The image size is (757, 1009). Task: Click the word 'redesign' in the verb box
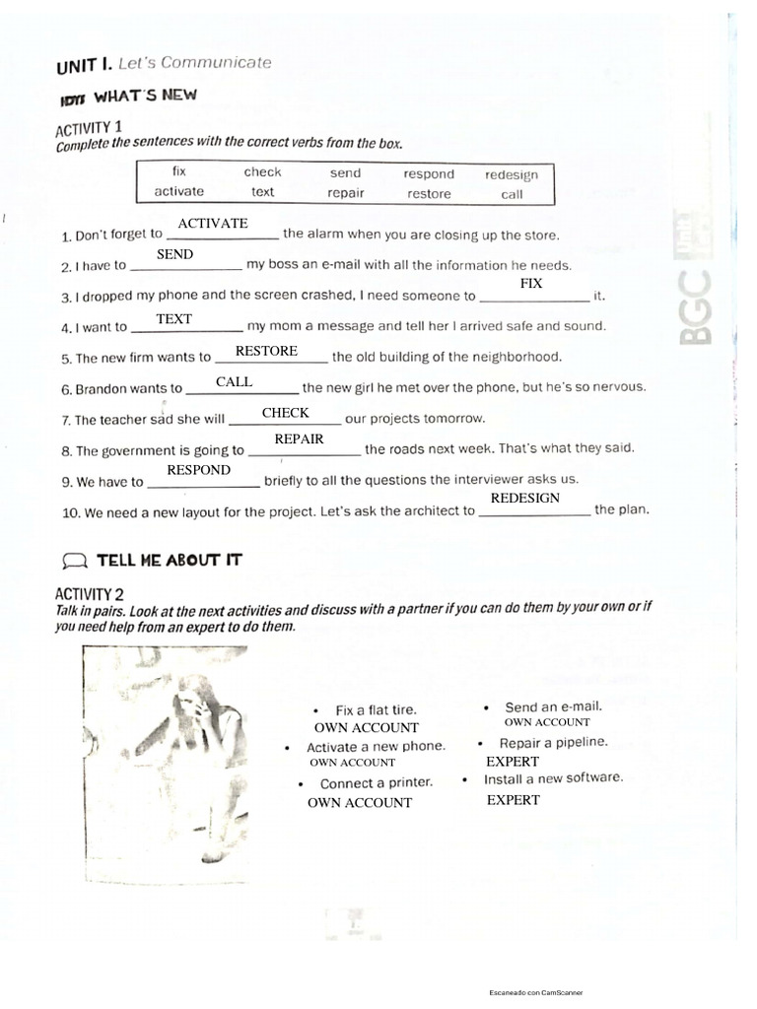pyautogui.click(x=511, y=174)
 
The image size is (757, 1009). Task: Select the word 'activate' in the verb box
pyautogui.click(x=178, y=191)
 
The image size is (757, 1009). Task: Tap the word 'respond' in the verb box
pyautogui.click(x=428, y=173)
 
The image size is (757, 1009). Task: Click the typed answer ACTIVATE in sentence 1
pyautogui.click(x=213, y=224)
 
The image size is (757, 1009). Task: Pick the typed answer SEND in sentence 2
pyautogui.click(x=175, y=254)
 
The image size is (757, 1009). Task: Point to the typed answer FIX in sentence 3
pyautogui.click(x=531, y=284)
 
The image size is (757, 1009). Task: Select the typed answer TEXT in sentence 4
pyautogui.click(x=174, y=319)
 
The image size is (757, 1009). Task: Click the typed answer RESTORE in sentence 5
pyautogui.click(x=266, y=351)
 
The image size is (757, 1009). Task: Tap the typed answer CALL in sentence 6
pyautogui.click(x=235, y=381)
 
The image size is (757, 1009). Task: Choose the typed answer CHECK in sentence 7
pyautogui.click(x=286, y=413)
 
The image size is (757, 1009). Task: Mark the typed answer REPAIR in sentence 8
pyautogui.click(x=299, y=439)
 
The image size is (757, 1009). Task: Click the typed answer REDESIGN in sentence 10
pyautogui.click(x=525, y=499)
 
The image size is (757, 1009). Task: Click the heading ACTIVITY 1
pyautogui.click(x=89, y=128)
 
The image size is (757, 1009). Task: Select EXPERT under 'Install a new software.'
pyautogui.click(x=513, y=800)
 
